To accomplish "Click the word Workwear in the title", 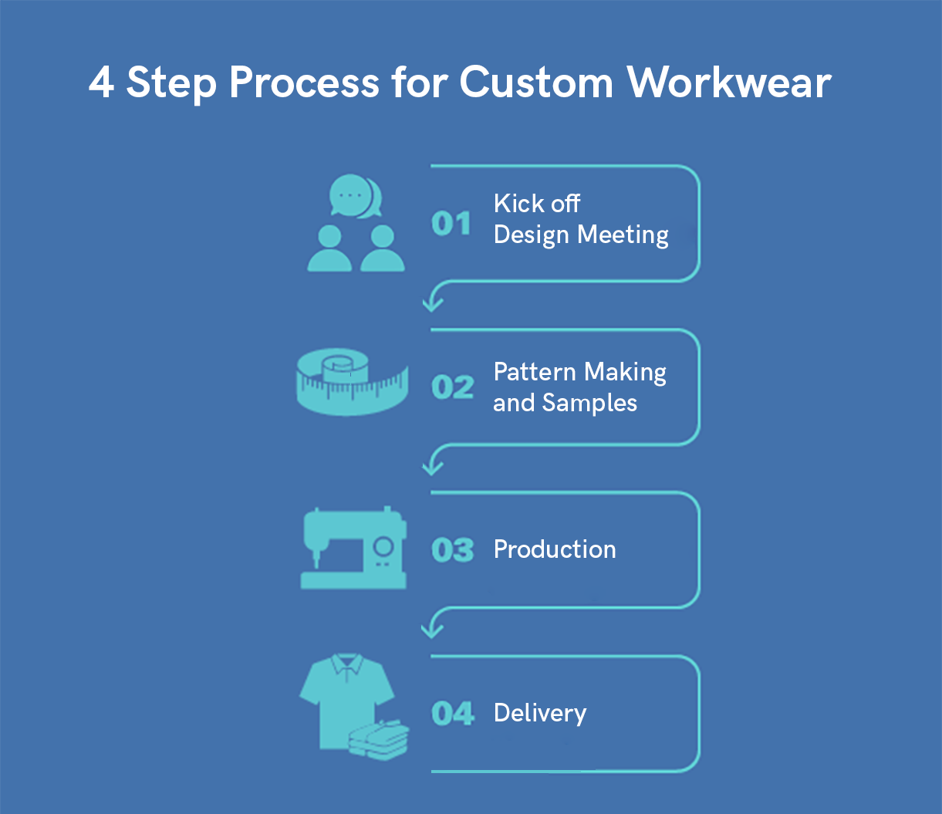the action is pos(729,82).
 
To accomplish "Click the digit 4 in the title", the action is pos(101,83).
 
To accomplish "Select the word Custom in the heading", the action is pos(536,82).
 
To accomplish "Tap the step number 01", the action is pos(451,224).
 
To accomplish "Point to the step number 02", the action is pos(453,387).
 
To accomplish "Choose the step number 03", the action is pos(453,549).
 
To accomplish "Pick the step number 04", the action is pos(453,713).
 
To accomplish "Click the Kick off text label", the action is pos(537,203).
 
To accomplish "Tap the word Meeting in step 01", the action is pos(623,235).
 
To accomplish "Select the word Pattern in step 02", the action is pos(535,372).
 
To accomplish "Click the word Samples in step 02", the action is pos(589,404).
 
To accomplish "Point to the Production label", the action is pos(555,549).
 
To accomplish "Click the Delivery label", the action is pos(540,714).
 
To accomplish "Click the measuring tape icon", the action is pos(353,382).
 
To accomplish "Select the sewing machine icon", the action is pos(353,548).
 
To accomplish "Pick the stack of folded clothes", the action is pos(378,740).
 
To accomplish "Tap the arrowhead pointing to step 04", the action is pos(432,630).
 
